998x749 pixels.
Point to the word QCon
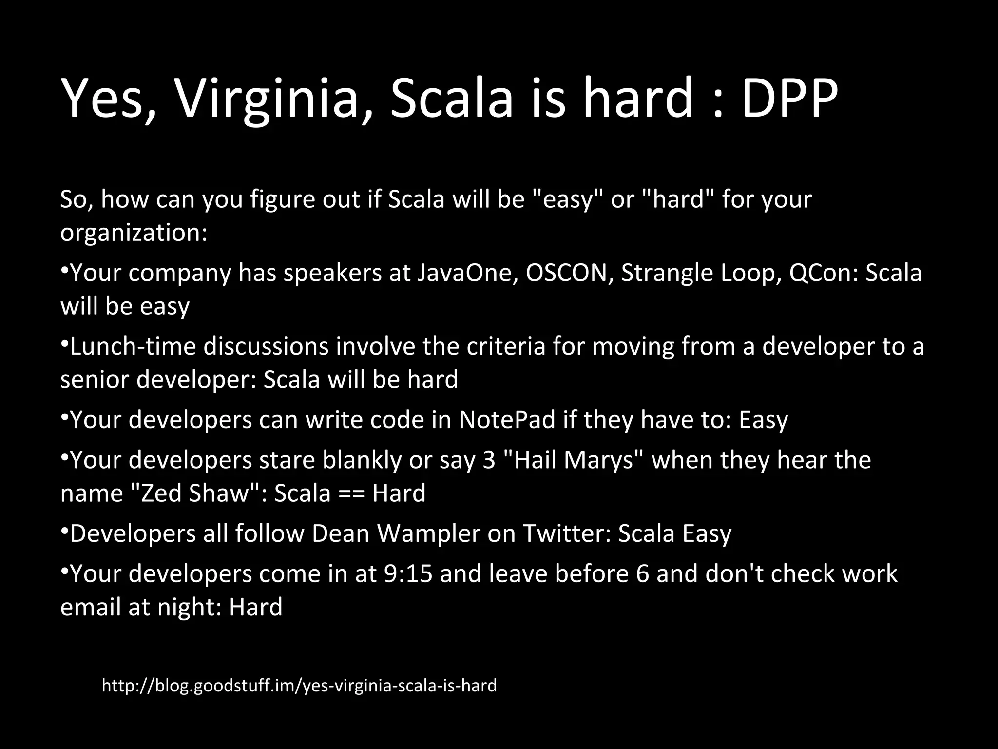click(x=823, y=273)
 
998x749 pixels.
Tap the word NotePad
click(x=507, y=420)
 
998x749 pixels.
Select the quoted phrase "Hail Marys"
click(x=573, y=460)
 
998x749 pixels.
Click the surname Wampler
click(x=429, y=533)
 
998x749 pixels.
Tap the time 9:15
click(x=408, y=574)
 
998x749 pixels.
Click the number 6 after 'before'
click(x=643, y=574)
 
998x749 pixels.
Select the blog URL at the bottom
click(x=299, y=686)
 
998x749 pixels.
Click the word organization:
click(x=134, y=233)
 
